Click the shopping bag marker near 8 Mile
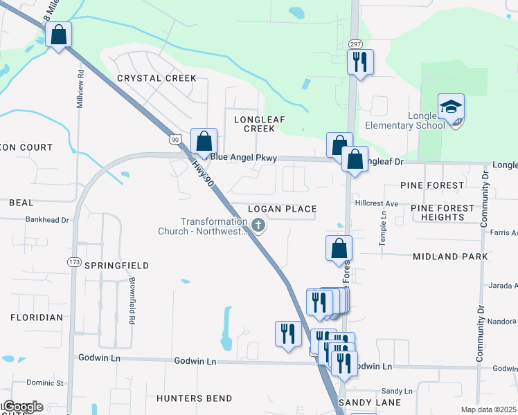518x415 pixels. point(59,34)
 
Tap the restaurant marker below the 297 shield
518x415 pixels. point(360,62)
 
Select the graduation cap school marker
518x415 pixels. point(451,107)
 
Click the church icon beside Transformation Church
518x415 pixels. point(258,225)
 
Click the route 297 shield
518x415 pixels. point(355,43)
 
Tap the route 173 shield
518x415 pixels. point(74,262)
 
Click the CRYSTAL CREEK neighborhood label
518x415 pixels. point(157,78)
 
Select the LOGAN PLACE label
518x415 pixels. point(283,209)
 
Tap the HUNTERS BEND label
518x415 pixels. point(194,399)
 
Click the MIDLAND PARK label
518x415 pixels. point(450,257)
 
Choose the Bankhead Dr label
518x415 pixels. point(47,220)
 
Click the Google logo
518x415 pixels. point(22,407)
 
